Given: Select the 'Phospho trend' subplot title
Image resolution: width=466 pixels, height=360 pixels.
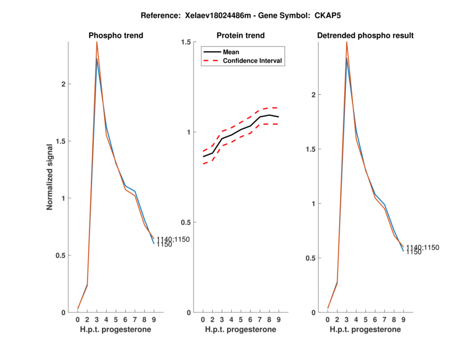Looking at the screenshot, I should [x=116, y=36].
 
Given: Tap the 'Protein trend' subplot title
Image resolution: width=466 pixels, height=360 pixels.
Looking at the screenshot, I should [x=241, y=36].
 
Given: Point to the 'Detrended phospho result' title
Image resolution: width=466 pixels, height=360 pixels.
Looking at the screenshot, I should [x=365, y=36].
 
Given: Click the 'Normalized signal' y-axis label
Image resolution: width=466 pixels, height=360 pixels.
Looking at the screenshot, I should [x=50, y=177].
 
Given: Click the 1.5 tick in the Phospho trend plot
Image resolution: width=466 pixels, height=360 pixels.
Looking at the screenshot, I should [x=62, y=141].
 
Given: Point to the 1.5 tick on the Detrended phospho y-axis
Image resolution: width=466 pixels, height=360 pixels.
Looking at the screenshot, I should [x=312, y=149].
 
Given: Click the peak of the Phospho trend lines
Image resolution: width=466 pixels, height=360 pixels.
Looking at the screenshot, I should [x=97, y=43].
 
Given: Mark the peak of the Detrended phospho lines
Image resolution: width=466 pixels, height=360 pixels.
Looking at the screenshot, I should [x=347, y=43].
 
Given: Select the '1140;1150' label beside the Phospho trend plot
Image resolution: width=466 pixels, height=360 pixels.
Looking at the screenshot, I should [x=173, y=239].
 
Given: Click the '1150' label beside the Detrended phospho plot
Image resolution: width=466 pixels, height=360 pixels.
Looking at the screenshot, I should [x=414, y=252].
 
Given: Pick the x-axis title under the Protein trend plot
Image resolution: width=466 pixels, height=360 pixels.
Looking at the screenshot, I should [x=241, y=329].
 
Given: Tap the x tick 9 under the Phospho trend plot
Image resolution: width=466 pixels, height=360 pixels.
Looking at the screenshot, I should [x=154, y=319].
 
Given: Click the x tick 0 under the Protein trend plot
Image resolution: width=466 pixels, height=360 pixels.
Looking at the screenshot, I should [x=203, y=319].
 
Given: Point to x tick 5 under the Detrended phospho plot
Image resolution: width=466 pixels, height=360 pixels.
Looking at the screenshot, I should [x=365, y=319].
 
